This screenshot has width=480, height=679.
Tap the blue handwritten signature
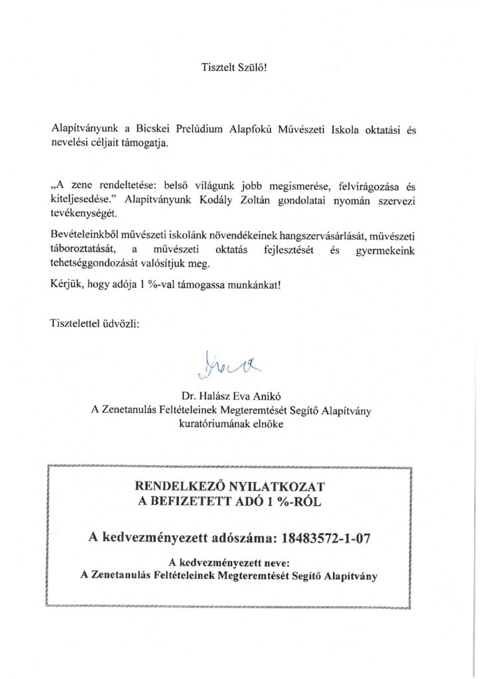(221, 363)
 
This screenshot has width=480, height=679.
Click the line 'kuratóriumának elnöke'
(231, 424)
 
